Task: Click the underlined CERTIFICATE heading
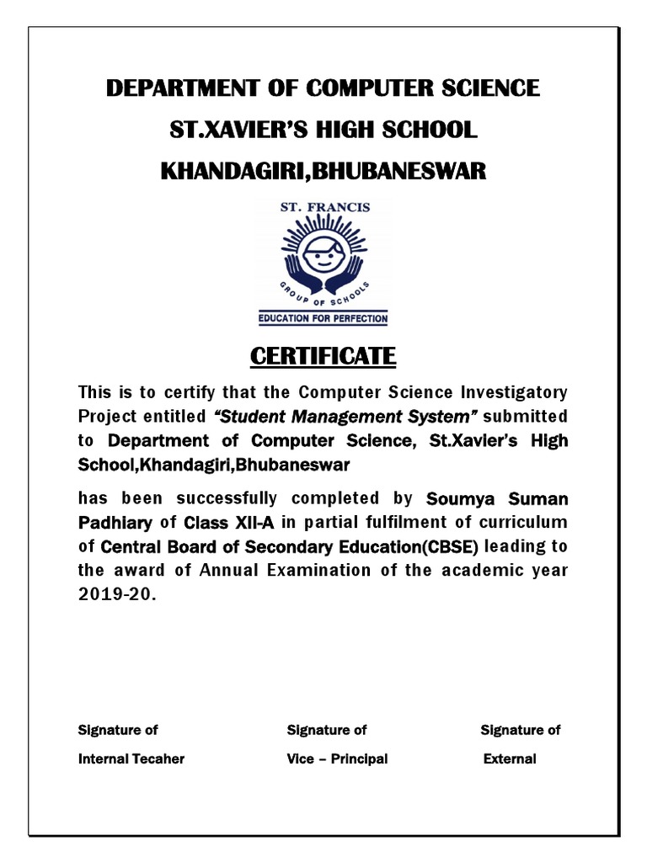[x=323, y=356]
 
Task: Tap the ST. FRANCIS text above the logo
[x=324, y=207]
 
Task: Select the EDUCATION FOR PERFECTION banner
[x=323, y=319]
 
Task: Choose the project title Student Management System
[x=346, y=417]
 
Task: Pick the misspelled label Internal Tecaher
[x=131, y=758]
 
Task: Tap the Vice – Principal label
[x=337, y=758]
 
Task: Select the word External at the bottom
[x=510, y=758]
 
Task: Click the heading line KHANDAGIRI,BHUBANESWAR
[x=323, y=172]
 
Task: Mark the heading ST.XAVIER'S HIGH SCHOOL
[x=323, y=130]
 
